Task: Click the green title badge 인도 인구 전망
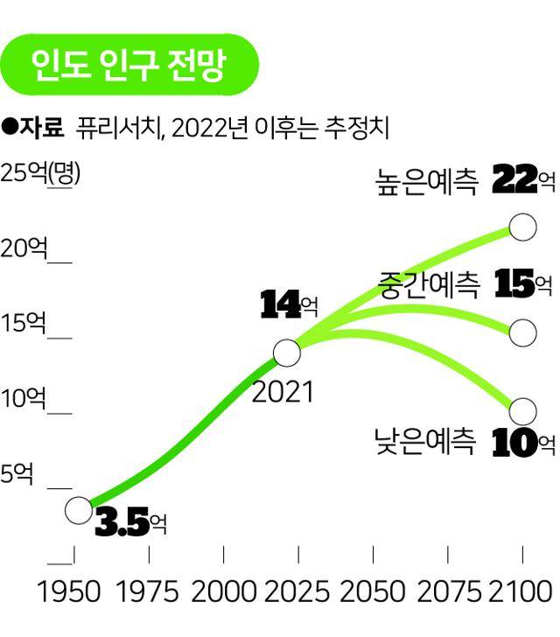click(129, 64)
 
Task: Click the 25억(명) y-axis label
click(40, 172)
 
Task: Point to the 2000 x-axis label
click(224, 592)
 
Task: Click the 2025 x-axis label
click(298, 592)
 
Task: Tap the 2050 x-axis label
click(374, 592)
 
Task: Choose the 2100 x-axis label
click(522, 592)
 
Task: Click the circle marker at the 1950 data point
click(78, 509)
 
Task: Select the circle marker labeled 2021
click(286, 353)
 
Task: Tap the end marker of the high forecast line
click(522, 227)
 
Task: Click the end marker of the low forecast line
click(522, 409)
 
